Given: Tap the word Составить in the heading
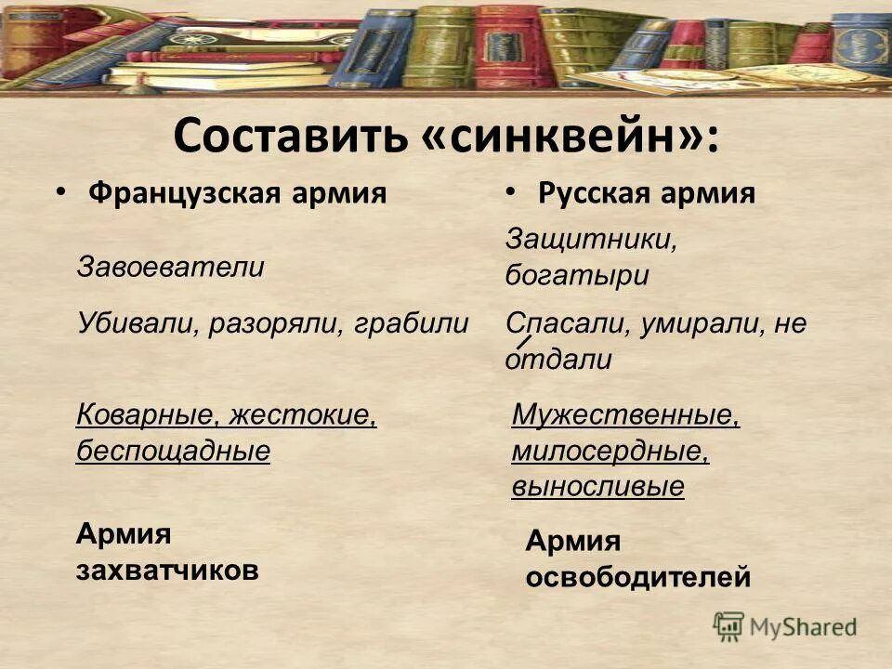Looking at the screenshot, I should click(x=289, y=138).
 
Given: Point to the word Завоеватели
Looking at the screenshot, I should click(x=170, y=268).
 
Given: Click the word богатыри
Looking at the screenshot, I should click(x=577, y=276).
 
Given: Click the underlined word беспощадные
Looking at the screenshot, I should click(x=173, y=451).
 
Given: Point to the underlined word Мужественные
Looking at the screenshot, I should click(x=625, y=413).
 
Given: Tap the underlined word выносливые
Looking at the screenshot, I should click(x=597, y=487).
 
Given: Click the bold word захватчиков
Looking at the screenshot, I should click(x=166, y=571).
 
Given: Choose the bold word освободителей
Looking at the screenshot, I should click(x=637, y=578).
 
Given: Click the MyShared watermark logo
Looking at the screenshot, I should click(x=785, y=626).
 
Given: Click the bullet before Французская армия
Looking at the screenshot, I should click(x=60, y=192).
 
